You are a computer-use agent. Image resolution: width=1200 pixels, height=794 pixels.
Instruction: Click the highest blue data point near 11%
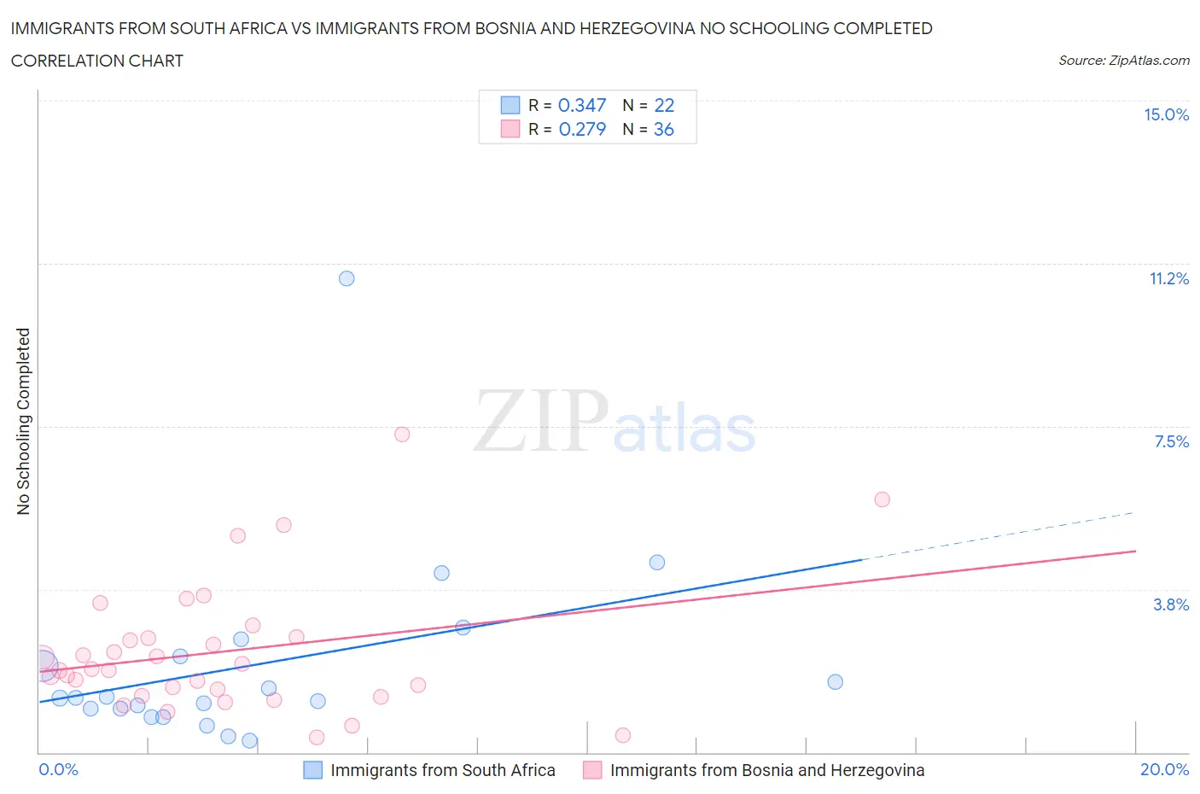(347, 278)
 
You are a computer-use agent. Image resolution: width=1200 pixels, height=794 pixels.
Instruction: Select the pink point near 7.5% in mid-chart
(402, 435)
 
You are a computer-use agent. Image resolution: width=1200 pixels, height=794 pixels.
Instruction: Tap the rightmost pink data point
(883, 499)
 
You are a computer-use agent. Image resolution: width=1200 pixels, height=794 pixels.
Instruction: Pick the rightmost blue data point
(836, 682)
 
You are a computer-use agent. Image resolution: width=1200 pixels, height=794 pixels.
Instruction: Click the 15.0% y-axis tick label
(1166, 115)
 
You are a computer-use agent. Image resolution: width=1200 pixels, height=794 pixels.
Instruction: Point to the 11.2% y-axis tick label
(1168, 279)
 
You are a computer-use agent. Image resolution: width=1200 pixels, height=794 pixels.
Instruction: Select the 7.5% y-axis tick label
(1171, 441)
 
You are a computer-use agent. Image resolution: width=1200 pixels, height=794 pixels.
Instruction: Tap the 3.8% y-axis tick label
(1171, 604)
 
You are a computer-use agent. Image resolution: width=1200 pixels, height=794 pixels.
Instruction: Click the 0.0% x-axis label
(59, 770)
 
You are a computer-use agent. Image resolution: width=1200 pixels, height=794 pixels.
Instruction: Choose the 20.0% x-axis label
(1164, 770)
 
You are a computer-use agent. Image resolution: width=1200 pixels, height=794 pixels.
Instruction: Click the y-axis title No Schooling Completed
(23, 422)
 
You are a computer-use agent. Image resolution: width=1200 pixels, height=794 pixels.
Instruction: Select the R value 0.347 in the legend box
(582, 105)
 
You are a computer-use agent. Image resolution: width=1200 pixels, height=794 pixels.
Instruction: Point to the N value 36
(664, 130)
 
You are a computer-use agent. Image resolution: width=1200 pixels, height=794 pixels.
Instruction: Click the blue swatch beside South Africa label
(313, 770)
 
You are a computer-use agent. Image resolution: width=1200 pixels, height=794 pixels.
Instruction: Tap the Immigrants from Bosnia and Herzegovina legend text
(766, 770)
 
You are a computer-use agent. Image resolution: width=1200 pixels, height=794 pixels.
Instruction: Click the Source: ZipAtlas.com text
(1123, 61)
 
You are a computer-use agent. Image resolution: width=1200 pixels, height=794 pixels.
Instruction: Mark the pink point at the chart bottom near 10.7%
(623, 736)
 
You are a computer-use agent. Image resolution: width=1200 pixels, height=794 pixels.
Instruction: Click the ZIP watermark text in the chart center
(541, 422)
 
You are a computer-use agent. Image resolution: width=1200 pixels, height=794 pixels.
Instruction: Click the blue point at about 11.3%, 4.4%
(657, 563)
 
